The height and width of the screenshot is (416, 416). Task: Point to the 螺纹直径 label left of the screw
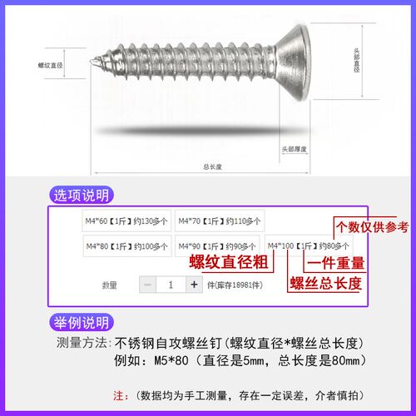[x=52, y=64]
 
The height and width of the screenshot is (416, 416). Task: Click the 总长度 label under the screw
[x=212, y=166]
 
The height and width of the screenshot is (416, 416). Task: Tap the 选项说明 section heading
[x=81, y=196]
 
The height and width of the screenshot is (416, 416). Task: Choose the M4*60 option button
[x=126, y=221]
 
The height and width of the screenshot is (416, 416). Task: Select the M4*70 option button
[x=220, y=221]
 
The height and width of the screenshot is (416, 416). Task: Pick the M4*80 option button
[x=126, y=247]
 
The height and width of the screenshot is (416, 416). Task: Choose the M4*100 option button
[x=309, y=246]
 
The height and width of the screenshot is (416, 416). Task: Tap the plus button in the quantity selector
[x=194, y=285]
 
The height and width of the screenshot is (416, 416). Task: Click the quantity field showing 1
[x=171, y=285]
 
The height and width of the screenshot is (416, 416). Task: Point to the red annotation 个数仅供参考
[x=371, y=226]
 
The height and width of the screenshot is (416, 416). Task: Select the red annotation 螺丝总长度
[x=325, y=284]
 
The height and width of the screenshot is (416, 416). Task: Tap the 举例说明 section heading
[x=81, y=323]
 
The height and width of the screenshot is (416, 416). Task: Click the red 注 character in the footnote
[x=116, y=394]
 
